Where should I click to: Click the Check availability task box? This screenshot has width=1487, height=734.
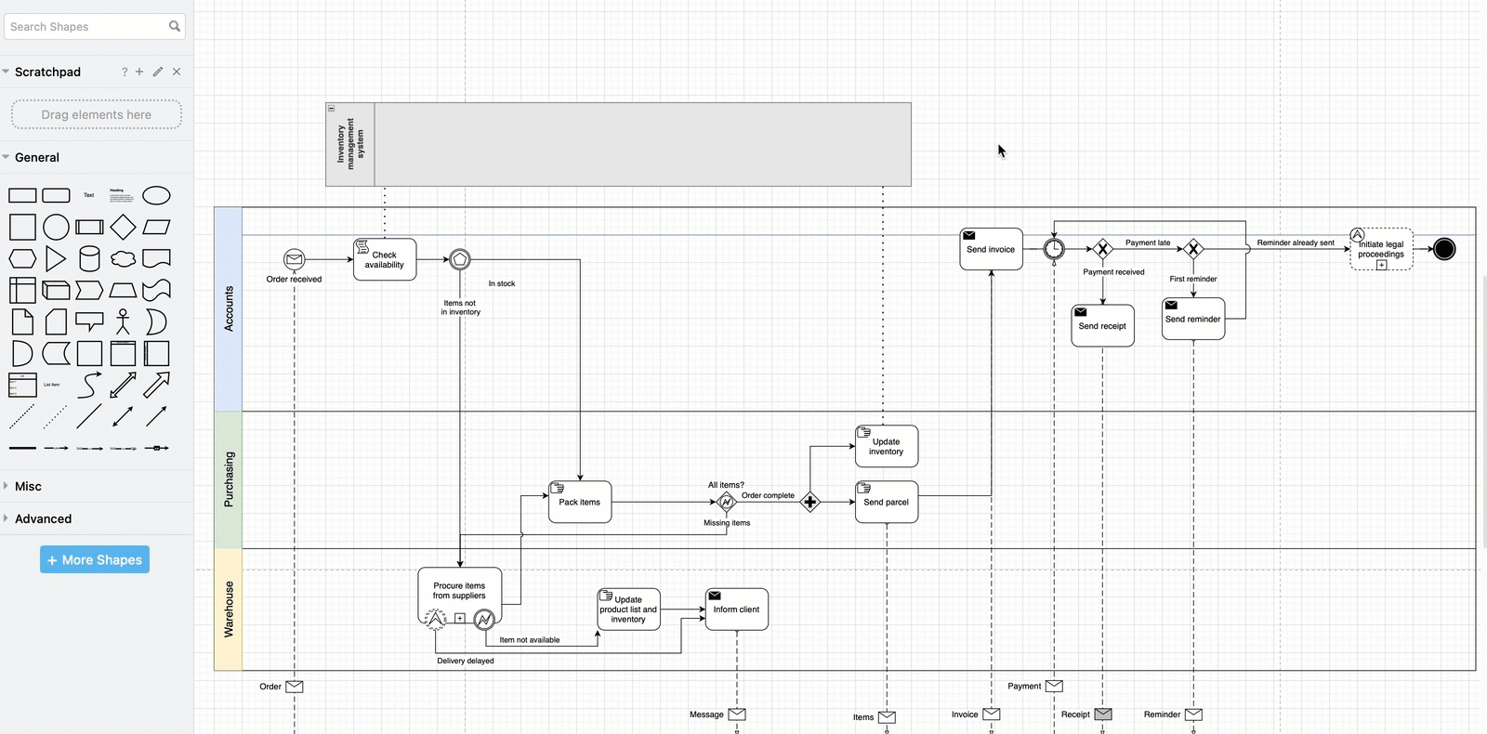(385, 259)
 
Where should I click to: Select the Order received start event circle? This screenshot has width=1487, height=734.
(294, 259)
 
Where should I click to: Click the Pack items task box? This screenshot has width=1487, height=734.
(580, 502)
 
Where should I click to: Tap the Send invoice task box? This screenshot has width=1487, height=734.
(991, 249)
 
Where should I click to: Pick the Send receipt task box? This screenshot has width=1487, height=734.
(1102, 326)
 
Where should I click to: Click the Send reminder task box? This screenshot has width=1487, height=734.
(1193, 319)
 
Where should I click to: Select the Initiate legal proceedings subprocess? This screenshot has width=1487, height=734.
(1381, 249)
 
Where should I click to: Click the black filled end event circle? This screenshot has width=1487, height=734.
(1444, 249)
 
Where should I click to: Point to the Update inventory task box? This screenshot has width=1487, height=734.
(887, 446)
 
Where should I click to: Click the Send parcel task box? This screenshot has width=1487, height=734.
(887, 502)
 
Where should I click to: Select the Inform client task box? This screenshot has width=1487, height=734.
(736, 609)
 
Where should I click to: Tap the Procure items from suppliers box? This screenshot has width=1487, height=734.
(459, 591)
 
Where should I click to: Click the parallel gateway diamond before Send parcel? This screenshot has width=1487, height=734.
(810, 502)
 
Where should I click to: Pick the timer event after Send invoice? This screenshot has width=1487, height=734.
(1054, 249)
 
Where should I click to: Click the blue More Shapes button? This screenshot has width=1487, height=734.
(95, 559)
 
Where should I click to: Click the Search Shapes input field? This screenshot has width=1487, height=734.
(86, 27)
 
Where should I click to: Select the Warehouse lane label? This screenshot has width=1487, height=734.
(229, 609)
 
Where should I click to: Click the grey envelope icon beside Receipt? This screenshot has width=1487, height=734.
(1103, 714)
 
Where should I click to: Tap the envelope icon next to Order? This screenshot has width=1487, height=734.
(295, 687)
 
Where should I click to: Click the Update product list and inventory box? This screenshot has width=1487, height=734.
(628, 609)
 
